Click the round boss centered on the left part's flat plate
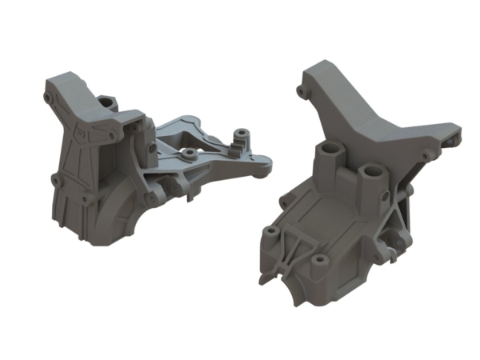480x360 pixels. (x=189, y=151)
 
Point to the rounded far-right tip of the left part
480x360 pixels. (x=263, y=165)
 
